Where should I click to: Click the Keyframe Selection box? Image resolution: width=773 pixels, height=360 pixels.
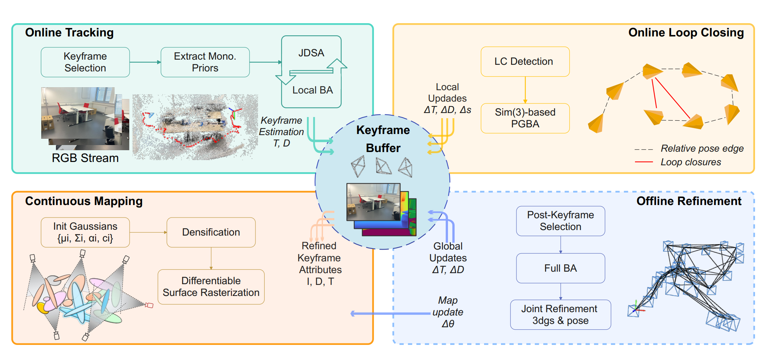click(85, 62)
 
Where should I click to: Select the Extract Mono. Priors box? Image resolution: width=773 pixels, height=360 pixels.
click(205, 62)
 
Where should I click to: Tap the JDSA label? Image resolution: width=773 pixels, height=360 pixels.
click(311, 53)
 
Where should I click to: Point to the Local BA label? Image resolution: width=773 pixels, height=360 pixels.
click(313, 90)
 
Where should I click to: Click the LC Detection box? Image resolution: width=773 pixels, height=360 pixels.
click(525, 61)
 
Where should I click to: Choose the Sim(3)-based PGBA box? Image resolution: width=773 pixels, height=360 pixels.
click(525, 118)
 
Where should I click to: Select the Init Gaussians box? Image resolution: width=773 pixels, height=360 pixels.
click(85, 232)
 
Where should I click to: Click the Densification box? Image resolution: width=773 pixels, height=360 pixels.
click(211, 232)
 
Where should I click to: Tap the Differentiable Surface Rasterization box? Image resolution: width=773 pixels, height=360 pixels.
click(211, 287)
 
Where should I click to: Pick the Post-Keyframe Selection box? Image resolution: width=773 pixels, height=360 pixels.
click(561, 221)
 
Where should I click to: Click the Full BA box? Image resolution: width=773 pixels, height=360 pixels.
click(561, 268)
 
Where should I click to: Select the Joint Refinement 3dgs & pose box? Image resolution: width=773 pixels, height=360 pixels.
click(561, 315)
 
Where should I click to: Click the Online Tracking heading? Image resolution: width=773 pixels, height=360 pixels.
click(69, 33)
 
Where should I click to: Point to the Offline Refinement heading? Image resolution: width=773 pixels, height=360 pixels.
click(689, 201)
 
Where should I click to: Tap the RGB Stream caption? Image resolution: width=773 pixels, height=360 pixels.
click(85, 158)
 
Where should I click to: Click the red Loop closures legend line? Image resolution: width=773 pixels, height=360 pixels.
click(644, 162)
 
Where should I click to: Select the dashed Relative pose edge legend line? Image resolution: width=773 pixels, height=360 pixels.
click(644, 149)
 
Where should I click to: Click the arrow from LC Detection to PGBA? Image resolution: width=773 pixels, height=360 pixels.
click(525, 90)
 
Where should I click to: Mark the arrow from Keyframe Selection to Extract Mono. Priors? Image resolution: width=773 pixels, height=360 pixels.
click(145, 62)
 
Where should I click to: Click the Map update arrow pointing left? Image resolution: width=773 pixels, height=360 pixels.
click(390, 314)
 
